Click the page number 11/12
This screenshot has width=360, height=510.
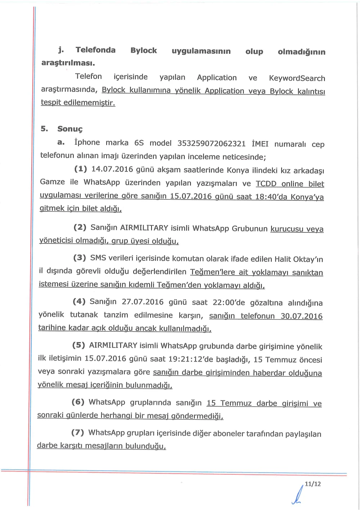(312, 484)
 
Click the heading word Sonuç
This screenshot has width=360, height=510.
(70, 129)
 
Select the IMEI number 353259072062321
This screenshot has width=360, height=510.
(211, 143)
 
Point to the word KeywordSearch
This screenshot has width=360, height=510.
(297, 78)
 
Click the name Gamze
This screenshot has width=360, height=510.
(52, 182)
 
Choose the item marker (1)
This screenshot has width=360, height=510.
(81, 169)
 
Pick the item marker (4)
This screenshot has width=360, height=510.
(79, 301)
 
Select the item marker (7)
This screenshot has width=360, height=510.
(77, 432)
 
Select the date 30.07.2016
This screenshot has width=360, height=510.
(301, 316)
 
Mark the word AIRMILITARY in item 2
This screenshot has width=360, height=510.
(144, 228)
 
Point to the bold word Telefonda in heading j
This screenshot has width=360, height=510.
(95, 50)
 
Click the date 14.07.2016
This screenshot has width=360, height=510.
(107, 169)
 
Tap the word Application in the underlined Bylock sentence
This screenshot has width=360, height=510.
(224, 91)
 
